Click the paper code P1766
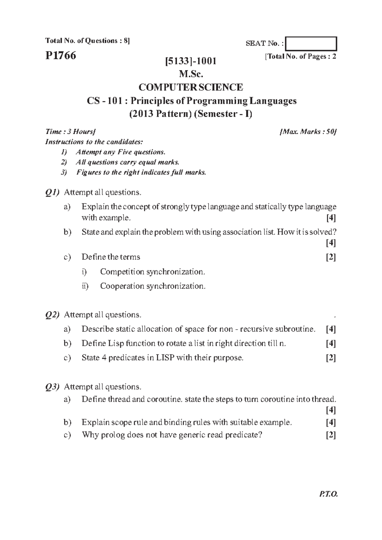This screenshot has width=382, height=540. [60, 56]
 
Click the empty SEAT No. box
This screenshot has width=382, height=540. [311, 44]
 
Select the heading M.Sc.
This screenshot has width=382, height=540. [191, 74]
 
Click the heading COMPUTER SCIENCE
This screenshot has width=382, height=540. [191, 87]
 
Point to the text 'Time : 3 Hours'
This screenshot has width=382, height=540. [70, 132]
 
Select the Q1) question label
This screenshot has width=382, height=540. [52, 193]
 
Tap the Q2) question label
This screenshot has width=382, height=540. [52, 315]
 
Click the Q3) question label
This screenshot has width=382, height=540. [52, 387]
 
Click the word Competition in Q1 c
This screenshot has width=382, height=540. [122, 272]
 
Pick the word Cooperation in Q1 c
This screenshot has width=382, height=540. [122, 286]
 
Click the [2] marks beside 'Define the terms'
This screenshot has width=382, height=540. [331, 257]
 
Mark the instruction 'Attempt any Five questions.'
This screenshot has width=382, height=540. [120, 152]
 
